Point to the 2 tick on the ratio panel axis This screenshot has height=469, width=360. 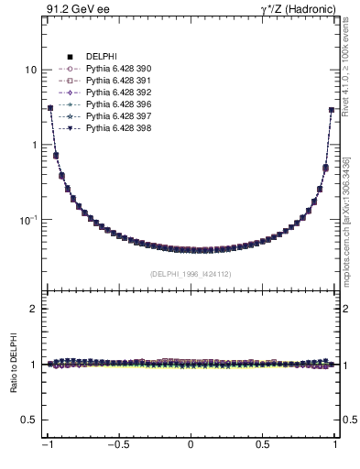tap(33, 309)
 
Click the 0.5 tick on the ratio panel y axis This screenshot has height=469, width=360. tap(29, 420)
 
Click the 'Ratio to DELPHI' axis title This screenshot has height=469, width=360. tap(12, 365)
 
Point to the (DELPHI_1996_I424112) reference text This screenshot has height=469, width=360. tap(191, 273)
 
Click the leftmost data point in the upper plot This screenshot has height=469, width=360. tap(50, 108)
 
